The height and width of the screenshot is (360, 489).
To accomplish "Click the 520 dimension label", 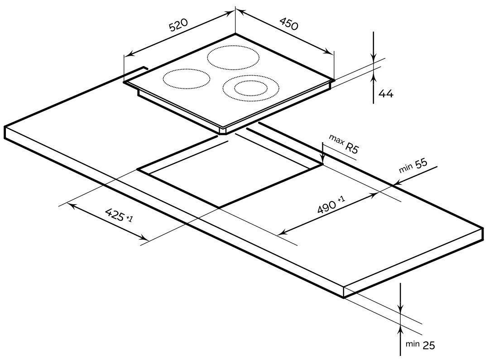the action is click(179, 25).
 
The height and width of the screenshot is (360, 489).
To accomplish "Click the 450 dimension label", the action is click(288, 24).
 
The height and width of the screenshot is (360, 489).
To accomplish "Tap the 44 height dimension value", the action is click(386, 93).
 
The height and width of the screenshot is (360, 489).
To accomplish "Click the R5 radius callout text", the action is click(352, 148).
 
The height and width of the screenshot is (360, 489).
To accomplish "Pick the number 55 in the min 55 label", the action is click(421, 164).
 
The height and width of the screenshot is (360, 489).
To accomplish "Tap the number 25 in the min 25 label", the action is click(428, 345).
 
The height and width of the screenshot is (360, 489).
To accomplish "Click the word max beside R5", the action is click(336, 140).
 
